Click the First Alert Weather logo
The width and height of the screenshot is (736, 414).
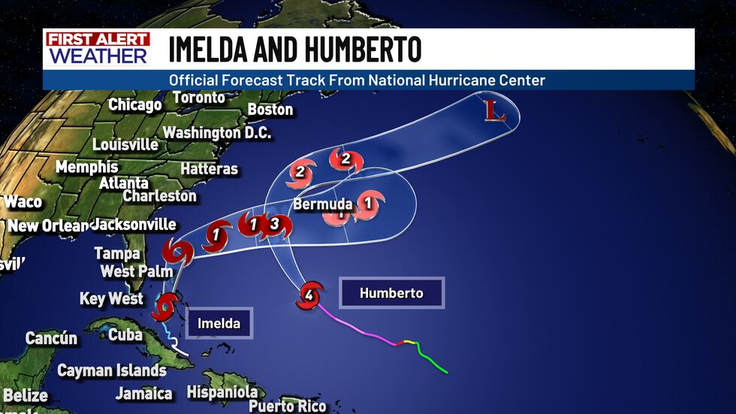(97, 48)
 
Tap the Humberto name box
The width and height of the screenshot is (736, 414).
(391, 292)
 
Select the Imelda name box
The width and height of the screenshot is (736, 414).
(219, 323)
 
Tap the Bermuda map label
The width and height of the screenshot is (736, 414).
(322, 204)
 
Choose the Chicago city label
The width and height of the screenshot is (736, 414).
(135, 104)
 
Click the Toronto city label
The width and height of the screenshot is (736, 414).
(199, 98)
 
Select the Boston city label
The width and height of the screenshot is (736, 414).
(270, 110)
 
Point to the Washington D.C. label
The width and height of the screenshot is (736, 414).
(217, 132)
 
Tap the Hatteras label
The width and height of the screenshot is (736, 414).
(210, 169)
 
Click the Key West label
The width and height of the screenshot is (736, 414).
(111, 299)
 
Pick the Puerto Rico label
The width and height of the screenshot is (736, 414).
(288, 406)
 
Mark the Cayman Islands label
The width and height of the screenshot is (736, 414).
(112, 370)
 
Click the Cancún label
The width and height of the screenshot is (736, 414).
(51, 338)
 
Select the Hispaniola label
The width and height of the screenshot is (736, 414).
(222, 391)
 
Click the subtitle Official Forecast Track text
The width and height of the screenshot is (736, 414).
(357, 80)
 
